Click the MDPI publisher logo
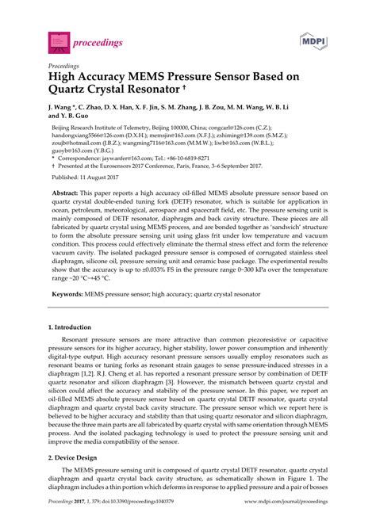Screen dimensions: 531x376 (316, 40)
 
